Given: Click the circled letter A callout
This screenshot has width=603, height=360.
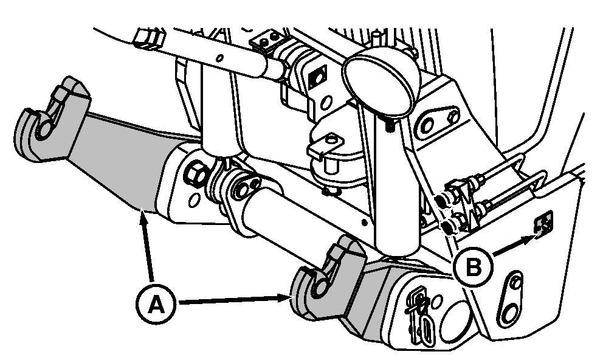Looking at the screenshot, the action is coord(156,304).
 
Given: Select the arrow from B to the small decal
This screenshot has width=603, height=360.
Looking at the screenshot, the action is coord(514,246).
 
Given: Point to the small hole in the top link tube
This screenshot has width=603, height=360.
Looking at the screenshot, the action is coord(219,58).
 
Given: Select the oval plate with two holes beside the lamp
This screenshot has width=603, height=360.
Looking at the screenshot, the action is coord(439,120).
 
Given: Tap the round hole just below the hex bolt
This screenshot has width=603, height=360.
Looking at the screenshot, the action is coord(195,200).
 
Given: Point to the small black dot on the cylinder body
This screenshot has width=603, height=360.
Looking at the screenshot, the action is coord(365,222).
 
